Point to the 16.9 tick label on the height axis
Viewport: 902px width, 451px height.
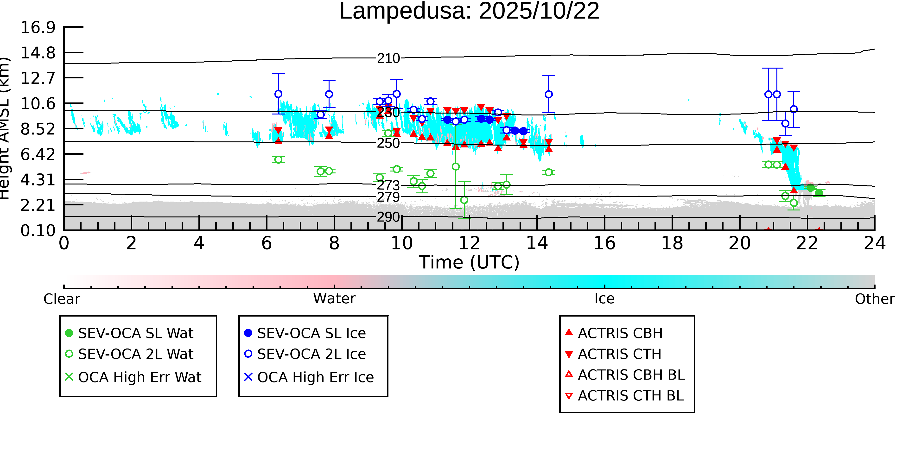(38, 27)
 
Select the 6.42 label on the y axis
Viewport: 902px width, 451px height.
(38, 154)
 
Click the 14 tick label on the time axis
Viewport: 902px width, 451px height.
(537, 243)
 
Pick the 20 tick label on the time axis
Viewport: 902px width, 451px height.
(740, 243)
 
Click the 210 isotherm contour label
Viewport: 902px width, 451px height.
(388, 58)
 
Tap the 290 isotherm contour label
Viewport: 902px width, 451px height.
(388, 217)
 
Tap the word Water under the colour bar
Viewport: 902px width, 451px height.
(334, 299)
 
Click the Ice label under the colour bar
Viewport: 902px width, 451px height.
(604, 299)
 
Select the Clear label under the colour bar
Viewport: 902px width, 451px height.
(62, 299)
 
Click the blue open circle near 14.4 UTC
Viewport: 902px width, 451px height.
(549, 95)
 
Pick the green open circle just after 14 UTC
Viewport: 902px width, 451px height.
(549, 172)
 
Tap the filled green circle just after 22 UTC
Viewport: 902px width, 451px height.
(811, 188)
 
